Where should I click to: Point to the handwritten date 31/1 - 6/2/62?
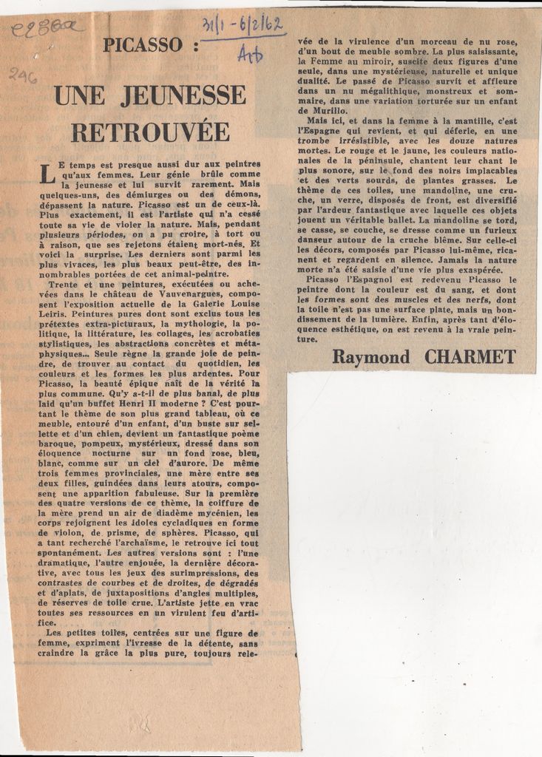tap(239, 27)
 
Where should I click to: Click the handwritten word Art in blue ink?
tap(250, 53)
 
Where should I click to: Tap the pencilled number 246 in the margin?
tap(24, 74)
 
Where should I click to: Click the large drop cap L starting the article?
tap(47, 175)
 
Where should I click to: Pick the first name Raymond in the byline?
tap(370, 357)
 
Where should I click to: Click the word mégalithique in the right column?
tap(375, 90)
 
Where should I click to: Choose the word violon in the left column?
tap(63, 532)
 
